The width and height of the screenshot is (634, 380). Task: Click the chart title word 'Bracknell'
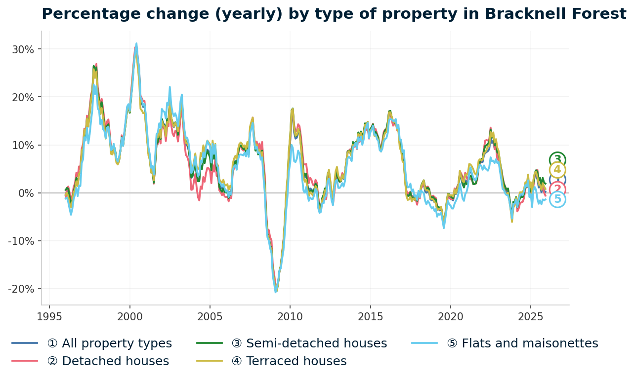(504, 14)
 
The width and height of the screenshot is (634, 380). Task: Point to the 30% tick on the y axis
(24, 49)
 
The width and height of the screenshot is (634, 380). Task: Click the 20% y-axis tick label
(24, 97)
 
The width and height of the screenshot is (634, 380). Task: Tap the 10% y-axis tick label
(24, 145)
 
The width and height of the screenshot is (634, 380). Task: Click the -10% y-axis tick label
(22, 241)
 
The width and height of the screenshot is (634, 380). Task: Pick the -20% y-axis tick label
(22, 289)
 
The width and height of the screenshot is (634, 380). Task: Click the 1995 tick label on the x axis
(49, 316)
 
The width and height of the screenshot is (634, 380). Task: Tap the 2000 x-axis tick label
(129, 316)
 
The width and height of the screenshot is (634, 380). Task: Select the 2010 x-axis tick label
(290, 316)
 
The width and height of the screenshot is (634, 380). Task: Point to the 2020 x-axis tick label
(450, 316)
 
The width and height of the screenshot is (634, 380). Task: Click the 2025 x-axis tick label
(530, 316)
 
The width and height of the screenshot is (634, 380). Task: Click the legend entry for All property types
(109, 343)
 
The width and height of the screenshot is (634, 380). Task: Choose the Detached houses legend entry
(108, 361)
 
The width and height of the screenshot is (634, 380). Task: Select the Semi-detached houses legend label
(316, 343)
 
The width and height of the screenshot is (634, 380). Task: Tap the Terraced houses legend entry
(296, 361)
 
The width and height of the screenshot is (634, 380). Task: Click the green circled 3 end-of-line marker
(557, 160)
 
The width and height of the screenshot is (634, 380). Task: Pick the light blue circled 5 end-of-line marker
(557, 199)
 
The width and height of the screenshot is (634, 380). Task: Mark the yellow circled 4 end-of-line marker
(557, 170)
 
